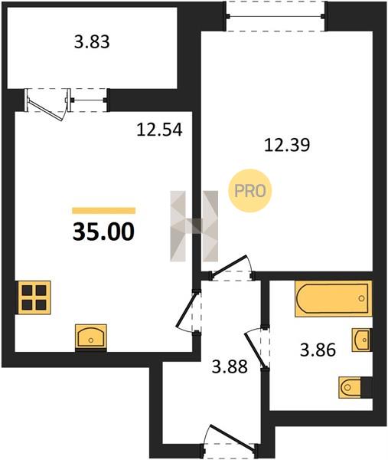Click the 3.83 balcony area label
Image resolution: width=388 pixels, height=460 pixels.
click(x=92, y=42)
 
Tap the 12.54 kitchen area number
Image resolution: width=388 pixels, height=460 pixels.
click(x=160, y=130)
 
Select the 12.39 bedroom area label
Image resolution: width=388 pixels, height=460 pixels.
click(x=287, y=145)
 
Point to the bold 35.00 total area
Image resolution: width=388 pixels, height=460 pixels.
click(x=103, y=232)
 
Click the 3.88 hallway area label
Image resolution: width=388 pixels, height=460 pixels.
click(x=230, y=366)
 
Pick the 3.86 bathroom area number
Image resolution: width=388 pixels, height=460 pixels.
click(x=318, y=350)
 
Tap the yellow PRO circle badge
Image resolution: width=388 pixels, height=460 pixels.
click(x=250, y=191)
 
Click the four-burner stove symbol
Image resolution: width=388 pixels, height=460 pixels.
click(x=34, y=297)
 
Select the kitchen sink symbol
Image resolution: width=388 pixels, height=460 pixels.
click(x=91, y=337)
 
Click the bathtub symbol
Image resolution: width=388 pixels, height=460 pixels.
click(x=334, y=299)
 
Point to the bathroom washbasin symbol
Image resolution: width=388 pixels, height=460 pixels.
click(x=363, y=340)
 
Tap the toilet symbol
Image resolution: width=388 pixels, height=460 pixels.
click(x=356, y=387)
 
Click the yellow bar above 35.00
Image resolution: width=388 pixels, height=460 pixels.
click(x=103, y=211)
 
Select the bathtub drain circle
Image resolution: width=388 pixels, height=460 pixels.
click(x=362, y=298)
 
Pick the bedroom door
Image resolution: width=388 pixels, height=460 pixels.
click(x=231, y=268)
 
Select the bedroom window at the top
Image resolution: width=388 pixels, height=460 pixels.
click(x=275, y=16)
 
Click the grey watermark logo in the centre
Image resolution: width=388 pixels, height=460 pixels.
click(x=194, y=226)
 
